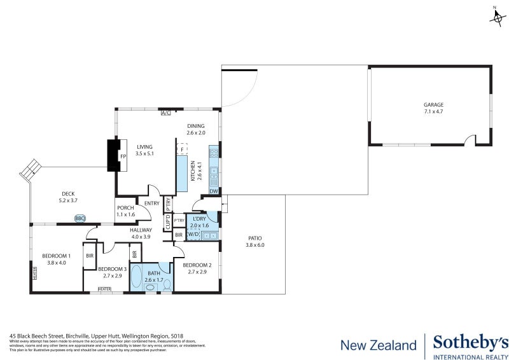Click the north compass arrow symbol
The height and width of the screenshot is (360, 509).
(x=496, y=17)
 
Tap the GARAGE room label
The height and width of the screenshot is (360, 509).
(x=433, y=105)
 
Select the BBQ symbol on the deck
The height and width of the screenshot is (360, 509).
(x=80, y=218)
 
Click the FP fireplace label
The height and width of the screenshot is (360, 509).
(x=123, y=156)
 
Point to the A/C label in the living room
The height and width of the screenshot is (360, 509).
(x=166, y=113)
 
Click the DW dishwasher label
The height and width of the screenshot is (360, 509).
(x=214, y=191)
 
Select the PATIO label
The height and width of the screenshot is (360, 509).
(x=254, y=239)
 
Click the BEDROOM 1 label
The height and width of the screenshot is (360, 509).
(x=57, y=256)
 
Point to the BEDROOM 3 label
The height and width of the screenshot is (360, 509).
(x=112, y=269)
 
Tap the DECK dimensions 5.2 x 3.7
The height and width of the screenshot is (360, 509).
(x=68, y=200)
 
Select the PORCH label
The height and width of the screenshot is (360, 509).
(x=125, y=209)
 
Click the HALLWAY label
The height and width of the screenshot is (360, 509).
(x=141, y=230)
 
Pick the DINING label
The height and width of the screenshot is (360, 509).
(x=196, y=126)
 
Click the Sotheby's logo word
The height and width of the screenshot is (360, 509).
(x=470, y=342)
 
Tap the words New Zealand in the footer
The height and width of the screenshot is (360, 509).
(x=379, y=345)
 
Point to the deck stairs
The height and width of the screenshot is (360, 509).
(x=30, y=170)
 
